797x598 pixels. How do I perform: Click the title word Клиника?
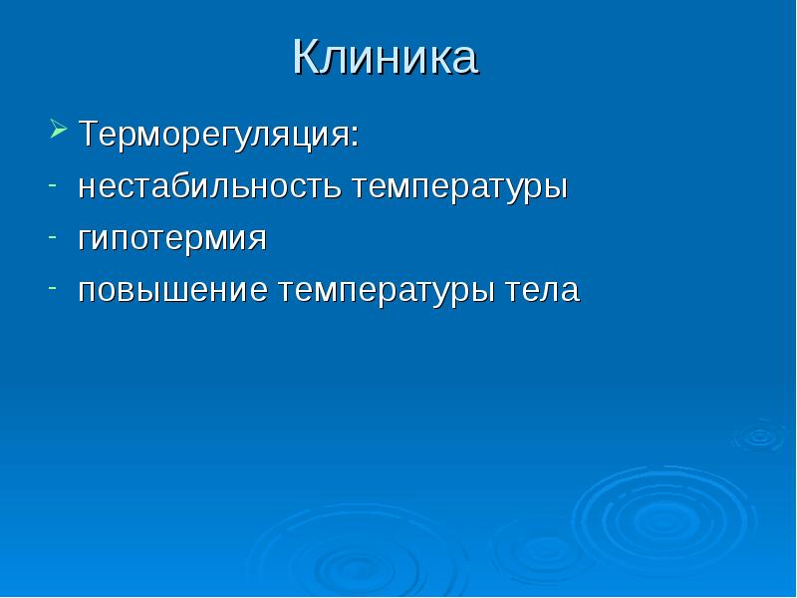tap(385, 57)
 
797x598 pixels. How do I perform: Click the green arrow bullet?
tap(59, 129)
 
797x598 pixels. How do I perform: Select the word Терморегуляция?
tap(214, 136)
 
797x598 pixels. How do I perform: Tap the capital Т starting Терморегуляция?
tap(91, 134)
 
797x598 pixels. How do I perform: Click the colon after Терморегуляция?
tap(355, 138)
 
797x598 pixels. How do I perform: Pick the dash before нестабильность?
tap(53, 185)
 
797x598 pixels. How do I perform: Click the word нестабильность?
tap(209, 186)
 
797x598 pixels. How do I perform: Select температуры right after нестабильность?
tap(459, 189)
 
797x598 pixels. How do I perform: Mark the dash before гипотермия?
tap(53, 237)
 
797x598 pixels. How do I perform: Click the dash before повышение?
tap(53, 288)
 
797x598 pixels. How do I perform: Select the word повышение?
tap(172, 292)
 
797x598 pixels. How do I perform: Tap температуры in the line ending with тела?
tap(387, 293)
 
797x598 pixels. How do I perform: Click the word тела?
tap(542, 292)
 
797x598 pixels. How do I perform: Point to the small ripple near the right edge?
tap(760, 437)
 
